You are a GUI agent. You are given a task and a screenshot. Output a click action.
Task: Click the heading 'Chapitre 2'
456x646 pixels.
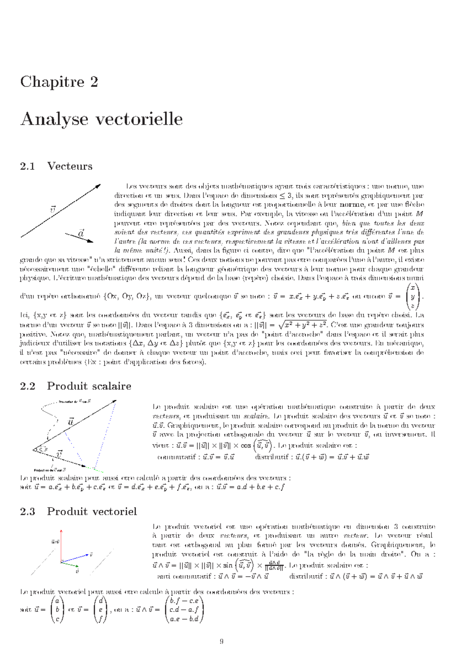(59, 82)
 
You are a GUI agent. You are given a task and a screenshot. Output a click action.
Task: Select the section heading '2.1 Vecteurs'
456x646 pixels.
(56, 166)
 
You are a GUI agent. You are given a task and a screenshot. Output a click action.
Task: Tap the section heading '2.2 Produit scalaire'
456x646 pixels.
(75, 386)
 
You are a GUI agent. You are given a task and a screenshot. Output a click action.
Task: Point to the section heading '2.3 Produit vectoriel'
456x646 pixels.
(78, 511)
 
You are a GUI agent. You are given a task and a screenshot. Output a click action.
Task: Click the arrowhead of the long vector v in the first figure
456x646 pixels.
(98, 186)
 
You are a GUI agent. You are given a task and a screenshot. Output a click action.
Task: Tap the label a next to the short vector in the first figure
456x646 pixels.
(81, 233)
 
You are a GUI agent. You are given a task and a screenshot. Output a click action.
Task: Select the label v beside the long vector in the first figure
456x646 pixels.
(53, 209)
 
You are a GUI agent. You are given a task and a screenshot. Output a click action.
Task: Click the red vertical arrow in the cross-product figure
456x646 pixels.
(61, 544)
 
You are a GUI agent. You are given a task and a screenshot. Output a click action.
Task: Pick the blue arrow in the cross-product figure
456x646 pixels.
(76, 558)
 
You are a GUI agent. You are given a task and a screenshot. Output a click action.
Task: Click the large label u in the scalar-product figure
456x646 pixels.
(71, 422)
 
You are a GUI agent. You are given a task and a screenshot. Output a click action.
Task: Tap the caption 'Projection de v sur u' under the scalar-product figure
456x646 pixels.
(50, 470)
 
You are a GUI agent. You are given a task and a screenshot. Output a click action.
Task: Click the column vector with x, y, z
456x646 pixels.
(413, 296)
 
